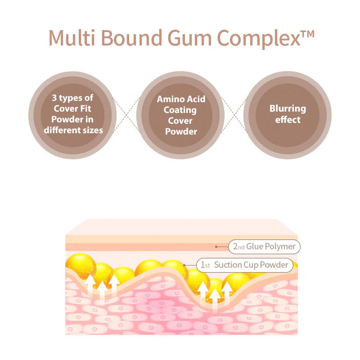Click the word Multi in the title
(x=72, y=38)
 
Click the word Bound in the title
(x=131, y=38)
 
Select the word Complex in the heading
(x=259, y=39)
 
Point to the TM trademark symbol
(x=308, y=34)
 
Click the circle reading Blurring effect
(x=288, y=115)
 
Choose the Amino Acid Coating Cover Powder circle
(x=180, y=115)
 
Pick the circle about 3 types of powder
(x=72, y=115)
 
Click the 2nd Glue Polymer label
(x=264, y=247)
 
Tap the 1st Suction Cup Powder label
(x=245, y=265)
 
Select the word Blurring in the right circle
(x=288, y=109)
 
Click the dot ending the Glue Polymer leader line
(x=216, y=247)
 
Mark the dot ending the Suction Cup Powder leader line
(x=184, y=265)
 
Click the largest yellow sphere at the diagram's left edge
(x=81, y=266)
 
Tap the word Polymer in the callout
(x=280, y=247)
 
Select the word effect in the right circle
(x=288, y=120)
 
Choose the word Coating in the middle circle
(x=180, y=110)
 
